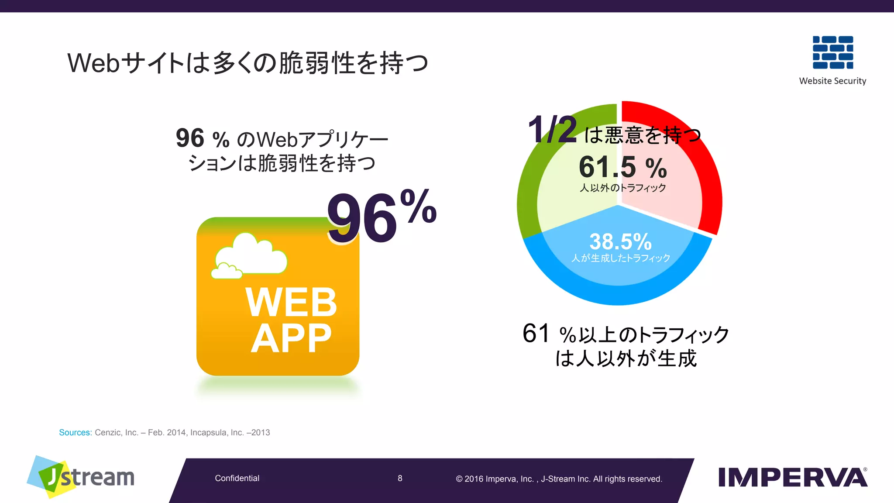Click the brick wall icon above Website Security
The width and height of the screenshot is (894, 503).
coord(832,52)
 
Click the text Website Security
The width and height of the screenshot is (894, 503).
coord(832,81)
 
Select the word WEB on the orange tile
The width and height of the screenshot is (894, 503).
coord(291,302)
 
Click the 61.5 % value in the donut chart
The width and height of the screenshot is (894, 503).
coord(622,167)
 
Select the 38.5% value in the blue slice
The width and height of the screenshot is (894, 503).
coord(620,241)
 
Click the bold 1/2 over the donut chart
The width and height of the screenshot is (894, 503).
coord(552,130)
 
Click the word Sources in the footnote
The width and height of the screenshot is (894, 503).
coord(75,433)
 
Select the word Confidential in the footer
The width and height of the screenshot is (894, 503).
coord(237,479)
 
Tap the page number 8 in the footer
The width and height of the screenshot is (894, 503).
coord(400,479)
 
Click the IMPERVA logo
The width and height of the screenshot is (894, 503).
coord(792,477)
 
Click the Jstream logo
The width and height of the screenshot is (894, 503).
coord(81,477)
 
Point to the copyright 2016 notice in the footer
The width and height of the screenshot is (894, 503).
coord(559,479)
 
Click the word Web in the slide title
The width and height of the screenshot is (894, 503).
coord(93,63)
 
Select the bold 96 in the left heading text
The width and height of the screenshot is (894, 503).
coord(190,138)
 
